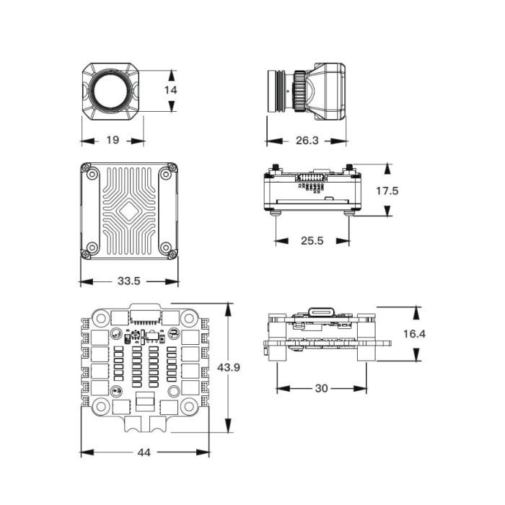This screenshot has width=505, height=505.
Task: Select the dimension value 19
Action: pyautogui.click(x=112, y=140)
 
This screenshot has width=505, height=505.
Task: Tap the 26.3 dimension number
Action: pyautogui.click(x=307, y=140)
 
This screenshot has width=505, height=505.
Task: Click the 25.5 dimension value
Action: pyautogui.click(x=312, y=240)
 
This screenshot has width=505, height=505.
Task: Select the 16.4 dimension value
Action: pyautogui.click(x=415, y=334)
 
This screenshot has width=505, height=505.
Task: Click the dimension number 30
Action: pyautogui.click(x=321, y=388)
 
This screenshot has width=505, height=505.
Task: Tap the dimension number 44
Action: pyautogui.click(x=144, y=452)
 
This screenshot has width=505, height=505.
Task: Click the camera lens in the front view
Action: pyautogui.click(x=112, y=91)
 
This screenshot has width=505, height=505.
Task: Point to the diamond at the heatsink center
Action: pyautogui.click(x=129, y=211)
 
